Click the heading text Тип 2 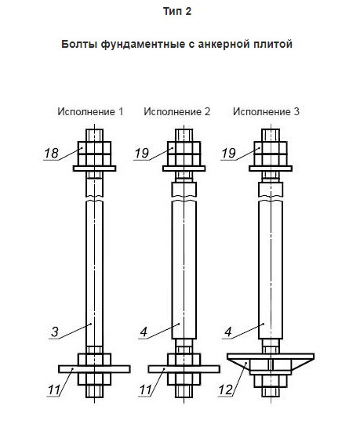point(177,11)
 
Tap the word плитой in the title point(273,44)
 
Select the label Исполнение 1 point(90,111)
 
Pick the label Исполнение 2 point(177,111)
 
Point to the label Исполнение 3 point(267,111)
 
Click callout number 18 point(51,154)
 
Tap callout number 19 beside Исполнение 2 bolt point(141,154)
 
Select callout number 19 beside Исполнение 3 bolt point(229,154)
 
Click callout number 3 point(55,332)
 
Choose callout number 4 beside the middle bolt point(144,332)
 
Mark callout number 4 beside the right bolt point(228,332)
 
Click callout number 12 point(225,390)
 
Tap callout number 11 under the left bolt point(54,390)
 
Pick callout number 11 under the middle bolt point(145,390)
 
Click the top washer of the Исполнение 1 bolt point(94,169)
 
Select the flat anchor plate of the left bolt point(94,369)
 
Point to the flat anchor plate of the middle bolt point(184,369)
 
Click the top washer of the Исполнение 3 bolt point(271,169)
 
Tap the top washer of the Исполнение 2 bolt point(184,169)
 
